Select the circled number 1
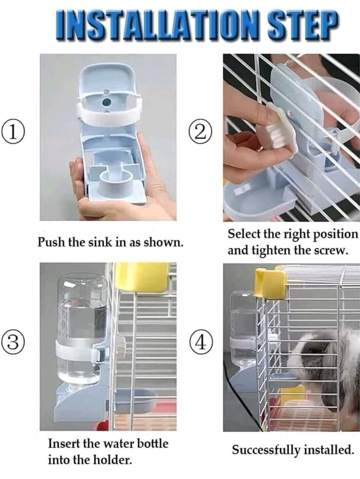tap(13, 131)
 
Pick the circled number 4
tap(200, 344)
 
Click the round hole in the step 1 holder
tap(107, 102)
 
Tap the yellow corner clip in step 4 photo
tap(271, 283)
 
